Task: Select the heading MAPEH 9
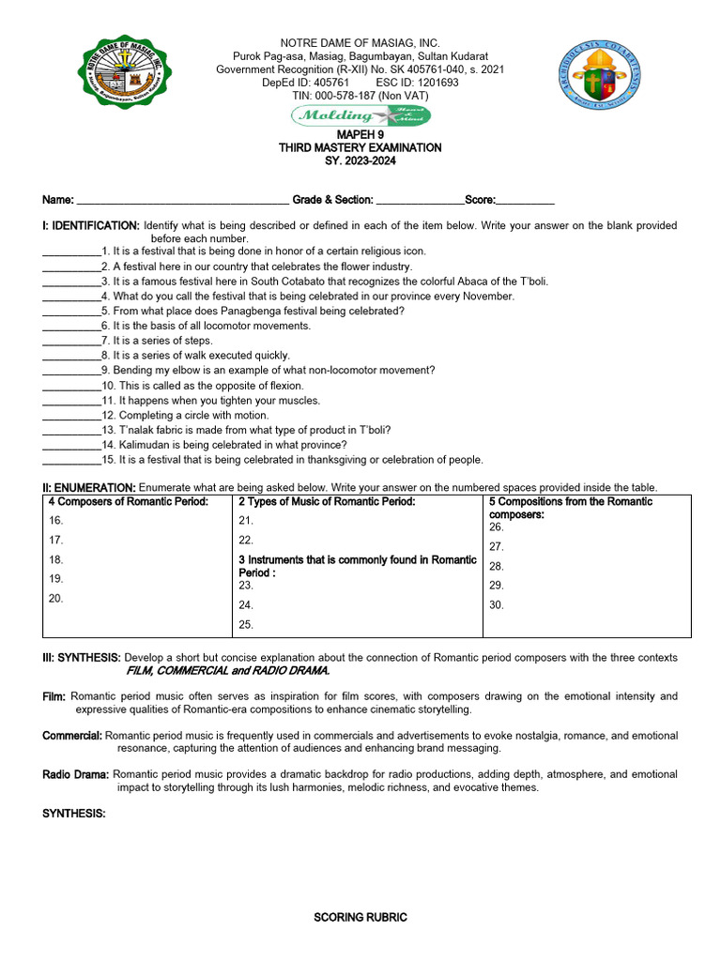tap(360, 134)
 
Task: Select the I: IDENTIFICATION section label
tap(90, 226)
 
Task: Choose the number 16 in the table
tap(56, 520)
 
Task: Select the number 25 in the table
tap(246, 625)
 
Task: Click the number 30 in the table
tap(497, 605)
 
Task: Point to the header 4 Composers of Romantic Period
tap(128, 502)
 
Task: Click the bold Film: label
tap(54, 696)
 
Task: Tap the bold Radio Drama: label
tap(76, 774)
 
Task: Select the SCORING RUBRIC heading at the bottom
tap(360, 918)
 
